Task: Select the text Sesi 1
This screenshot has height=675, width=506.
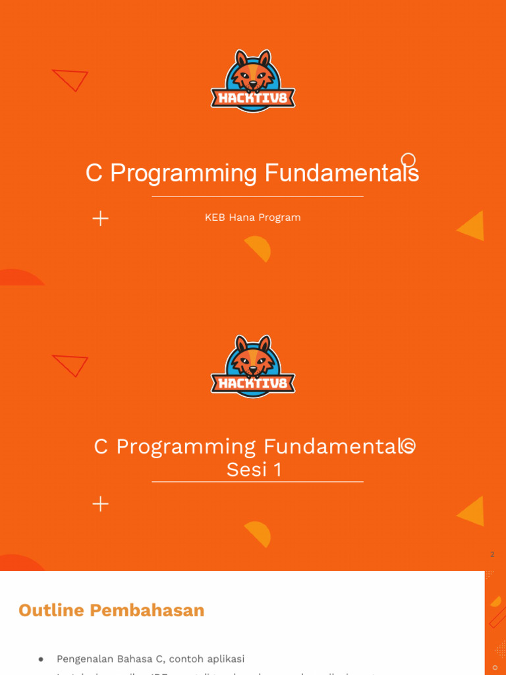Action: [x=254, y=469]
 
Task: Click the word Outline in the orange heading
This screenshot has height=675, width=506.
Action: [x=52, y=610]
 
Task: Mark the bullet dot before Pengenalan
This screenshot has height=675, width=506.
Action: [x=41, y=659]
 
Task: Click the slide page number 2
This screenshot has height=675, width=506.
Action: [x=492, y=554]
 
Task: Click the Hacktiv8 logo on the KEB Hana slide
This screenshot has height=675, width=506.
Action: [x=253, y=81]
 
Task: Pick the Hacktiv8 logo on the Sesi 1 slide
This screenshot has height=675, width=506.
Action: [x=253, y=367]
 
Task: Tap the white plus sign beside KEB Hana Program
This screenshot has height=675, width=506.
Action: [x=101, y=219]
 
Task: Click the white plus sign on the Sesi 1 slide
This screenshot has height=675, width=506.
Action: [x=101, y=504]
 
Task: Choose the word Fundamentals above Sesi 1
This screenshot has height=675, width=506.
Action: [x=339, y=447]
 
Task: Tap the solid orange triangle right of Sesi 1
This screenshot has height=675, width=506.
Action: [x=472, y=512]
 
